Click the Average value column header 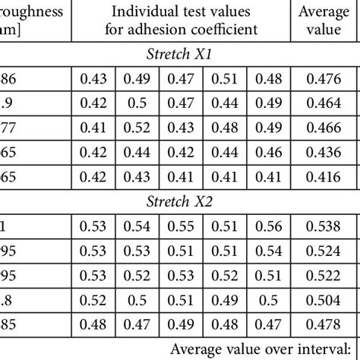pyautogui.click(x=327, y=20)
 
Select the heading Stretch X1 pyautogui.click(x=180, y=55)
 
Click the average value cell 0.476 pyautogui.click(x=327, y=80)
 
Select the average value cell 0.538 pyautogui.click(x=327, y=226)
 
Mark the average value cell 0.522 pyautogui.click(x=327, y=274)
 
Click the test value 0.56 pyautogui.click(x=269, y=226)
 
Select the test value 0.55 pyautogui.click(x=180, y=226)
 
